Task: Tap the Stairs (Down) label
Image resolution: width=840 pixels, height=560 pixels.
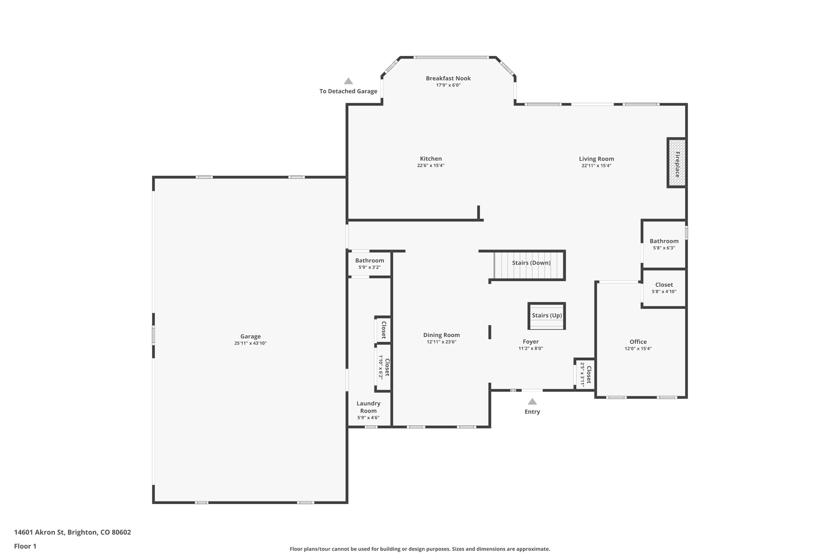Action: point(531,263)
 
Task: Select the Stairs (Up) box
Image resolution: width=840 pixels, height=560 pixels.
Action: point(547,315)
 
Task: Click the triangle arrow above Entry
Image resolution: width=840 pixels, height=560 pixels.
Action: point(532,402)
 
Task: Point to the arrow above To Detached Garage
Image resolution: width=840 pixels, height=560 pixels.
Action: point(348,81)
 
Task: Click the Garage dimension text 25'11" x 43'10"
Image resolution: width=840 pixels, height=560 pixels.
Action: point(250,343)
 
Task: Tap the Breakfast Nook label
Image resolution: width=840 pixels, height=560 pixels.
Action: point(448,78)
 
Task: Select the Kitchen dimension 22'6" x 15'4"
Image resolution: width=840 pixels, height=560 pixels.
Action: point(431,166)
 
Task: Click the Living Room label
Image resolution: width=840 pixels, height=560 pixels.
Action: point(596,159)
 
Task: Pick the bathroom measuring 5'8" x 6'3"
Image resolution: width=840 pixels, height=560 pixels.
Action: point(664,244)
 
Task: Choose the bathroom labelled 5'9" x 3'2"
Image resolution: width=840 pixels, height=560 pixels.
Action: point(370,263)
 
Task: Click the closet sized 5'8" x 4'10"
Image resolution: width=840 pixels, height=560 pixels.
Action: point(664,288)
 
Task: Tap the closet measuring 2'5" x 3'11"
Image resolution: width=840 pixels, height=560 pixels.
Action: point(585,374)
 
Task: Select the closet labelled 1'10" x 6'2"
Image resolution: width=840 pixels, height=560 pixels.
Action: point(384,367)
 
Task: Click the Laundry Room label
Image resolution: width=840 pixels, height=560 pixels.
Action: point(368,407)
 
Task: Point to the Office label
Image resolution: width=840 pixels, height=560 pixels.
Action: point(638,342)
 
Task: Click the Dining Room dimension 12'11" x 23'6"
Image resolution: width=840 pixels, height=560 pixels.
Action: point(441,342)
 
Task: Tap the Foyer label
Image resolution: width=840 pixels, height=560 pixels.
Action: point(530,341)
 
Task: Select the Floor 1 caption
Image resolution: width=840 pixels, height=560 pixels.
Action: point(25,546)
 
